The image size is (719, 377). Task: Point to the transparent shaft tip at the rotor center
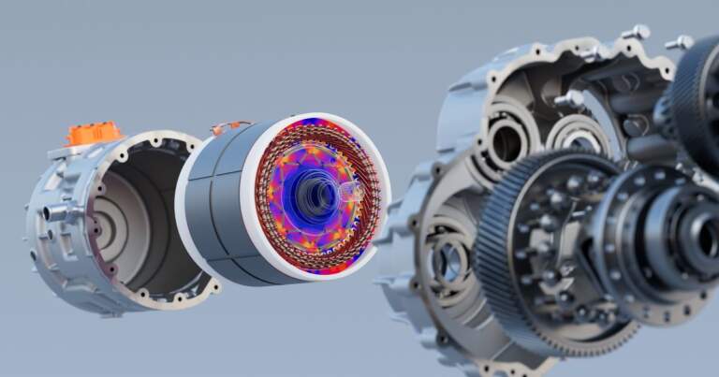352,192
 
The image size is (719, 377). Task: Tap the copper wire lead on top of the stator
229,125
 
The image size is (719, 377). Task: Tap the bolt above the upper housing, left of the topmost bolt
637,33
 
